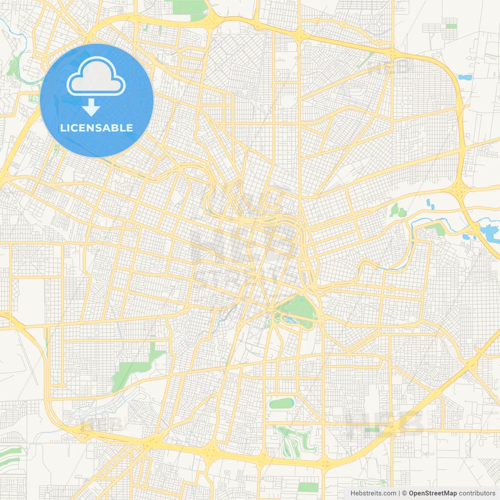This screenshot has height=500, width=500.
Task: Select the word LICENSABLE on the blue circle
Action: (96, 128)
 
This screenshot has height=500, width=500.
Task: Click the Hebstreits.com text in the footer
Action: (373, 493)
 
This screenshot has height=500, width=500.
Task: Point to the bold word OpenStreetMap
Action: (432, 493)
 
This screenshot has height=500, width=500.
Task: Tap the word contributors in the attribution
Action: (477, 493)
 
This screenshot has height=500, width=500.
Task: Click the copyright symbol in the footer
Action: (404, 493)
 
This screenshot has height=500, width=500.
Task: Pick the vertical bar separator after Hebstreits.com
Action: (399, 493)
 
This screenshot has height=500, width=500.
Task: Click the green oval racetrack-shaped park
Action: (281, 403)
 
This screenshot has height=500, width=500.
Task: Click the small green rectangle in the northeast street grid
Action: (451, 26)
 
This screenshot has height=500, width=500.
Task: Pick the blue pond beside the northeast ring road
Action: (465, 77)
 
